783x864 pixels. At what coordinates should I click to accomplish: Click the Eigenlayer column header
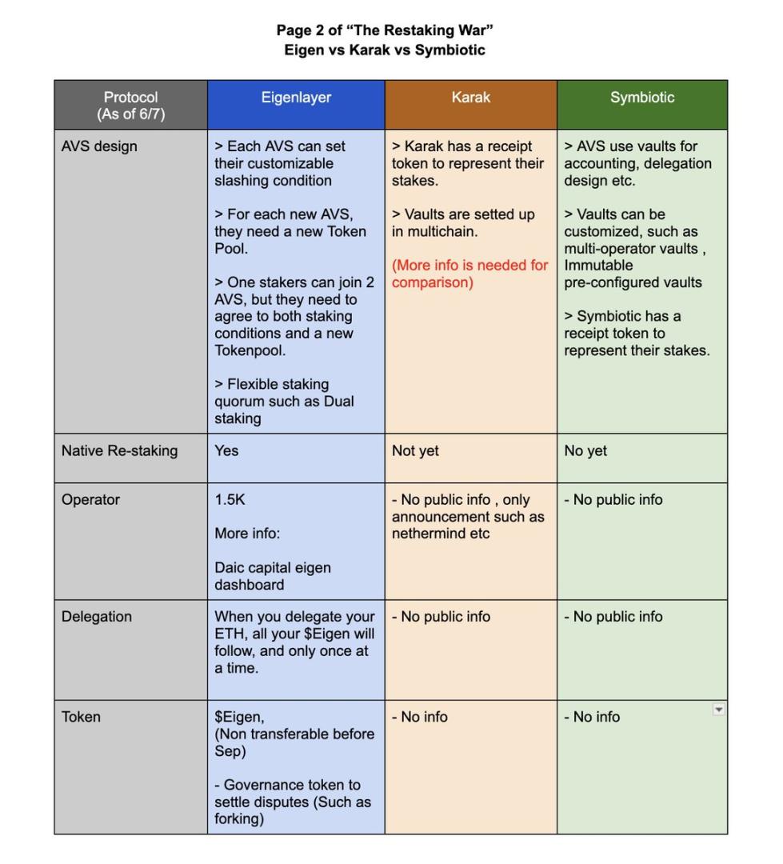coord(296,98)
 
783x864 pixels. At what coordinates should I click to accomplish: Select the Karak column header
coord(470,98)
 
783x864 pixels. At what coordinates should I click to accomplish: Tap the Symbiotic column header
coord(642,98)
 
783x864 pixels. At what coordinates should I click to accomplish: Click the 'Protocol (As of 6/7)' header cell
coord(131,106)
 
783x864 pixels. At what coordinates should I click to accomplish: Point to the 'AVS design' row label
coord(99,146)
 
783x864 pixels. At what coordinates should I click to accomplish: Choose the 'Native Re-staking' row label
coord(119,451)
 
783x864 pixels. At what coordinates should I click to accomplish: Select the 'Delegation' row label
coord(97,617)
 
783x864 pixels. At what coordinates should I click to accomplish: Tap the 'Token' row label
coord(81,717)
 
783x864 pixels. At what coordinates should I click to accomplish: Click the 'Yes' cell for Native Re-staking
coord(226,451)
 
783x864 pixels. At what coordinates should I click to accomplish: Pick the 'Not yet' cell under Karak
coord(415,451)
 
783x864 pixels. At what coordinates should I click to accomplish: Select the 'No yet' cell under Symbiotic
coord(585,451)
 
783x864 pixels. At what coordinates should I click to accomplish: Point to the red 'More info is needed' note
coord(469,274)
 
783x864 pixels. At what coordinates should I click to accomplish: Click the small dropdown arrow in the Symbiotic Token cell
coord(718,710)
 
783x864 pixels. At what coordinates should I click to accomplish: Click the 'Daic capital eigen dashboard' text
coord(272,576)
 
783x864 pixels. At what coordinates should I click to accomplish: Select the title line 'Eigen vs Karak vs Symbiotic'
coord(385,50)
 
